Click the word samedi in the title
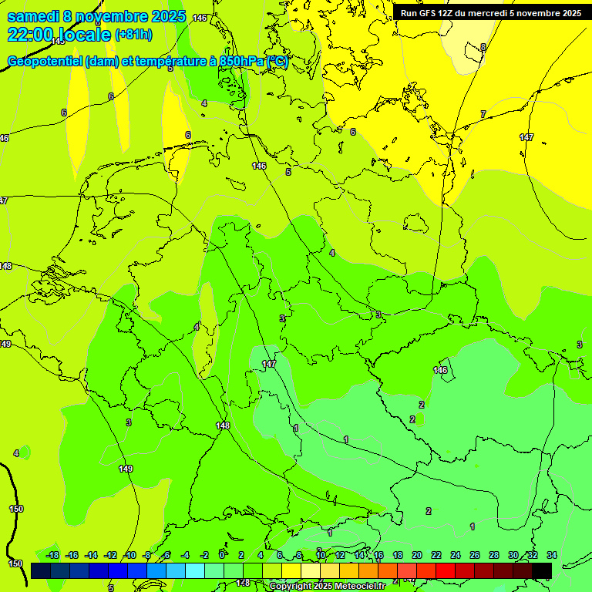point(35,15)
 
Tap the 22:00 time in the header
point(31,34)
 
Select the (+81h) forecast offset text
point(133,34)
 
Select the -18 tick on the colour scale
point(52,555)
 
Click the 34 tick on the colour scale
point(551,555)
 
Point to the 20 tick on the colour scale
point(416,555)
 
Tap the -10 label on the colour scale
point(129,555)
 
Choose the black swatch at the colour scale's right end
point(541,570)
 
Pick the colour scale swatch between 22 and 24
point(445,570)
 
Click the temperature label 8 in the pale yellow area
point(483,47)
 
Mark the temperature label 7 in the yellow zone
point(483,114)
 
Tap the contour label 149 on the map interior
point(126,469)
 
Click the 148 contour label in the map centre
point(223,425)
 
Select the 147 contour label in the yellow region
point(526,137)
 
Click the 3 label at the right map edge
point(579,345)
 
